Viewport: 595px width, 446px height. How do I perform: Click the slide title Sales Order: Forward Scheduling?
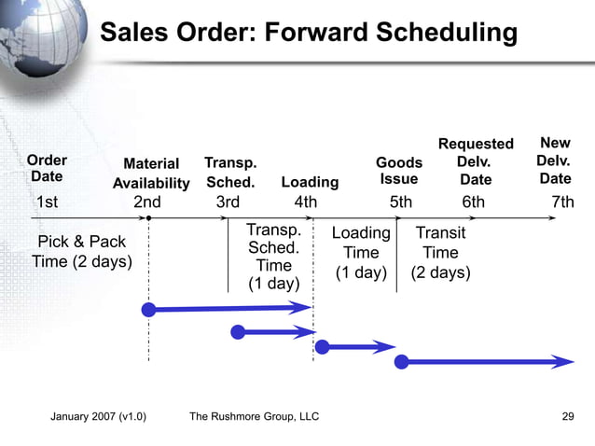pos(308,33)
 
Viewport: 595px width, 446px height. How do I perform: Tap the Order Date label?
pos(47,168)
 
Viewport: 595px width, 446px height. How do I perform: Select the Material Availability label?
pos(151,174)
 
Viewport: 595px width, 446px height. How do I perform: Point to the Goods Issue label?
pos(399,171)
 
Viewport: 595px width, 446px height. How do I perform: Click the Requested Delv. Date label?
pos(476,161)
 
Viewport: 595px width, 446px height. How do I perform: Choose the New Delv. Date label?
pos(555,160)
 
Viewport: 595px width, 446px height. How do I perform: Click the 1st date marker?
pos(47,202)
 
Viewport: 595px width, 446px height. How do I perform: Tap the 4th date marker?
pos(306,202)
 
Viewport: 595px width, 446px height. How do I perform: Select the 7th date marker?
pos(562,202)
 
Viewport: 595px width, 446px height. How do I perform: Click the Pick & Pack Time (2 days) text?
pos(82,252)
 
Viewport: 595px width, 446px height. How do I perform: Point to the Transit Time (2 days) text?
pos(440,253)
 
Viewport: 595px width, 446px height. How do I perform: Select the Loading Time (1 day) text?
pos(361,253)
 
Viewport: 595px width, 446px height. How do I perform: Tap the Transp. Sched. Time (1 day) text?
pos(273,257)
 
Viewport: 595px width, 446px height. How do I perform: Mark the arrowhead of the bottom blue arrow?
pos(563,362)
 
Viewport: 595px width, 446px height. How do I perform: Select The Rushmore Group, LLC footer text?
pos(254,416)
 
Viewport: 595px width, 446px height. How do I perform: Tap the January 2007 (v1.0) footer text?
pos(98,416)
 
